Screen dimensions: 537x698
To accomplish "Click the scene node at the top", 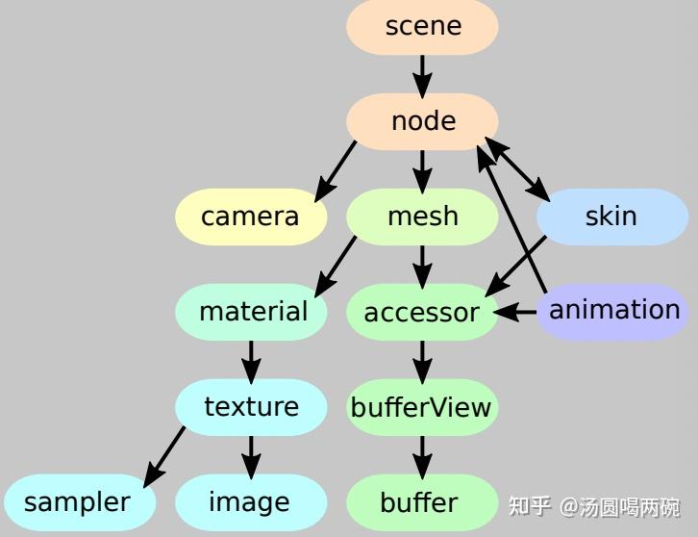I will click(422, 26).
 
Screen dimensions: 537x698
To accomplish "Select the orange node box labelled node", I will click(422, 121).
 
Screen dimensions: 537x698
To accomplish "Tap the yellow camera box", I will click(250, 217).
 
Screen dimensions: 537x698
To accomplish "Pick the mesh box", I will click(422, 217).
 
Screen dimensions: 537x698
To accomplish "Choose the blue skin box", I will click(611, 217).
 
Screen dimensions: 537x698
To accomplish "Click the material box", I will click(252, 312).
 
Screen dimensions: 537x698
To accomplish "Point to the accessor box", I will click(422, 312).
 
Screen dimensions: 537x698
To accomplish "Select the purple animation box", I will click(613, 311).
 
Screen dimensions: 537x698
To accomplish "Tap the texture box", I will click(251, 407).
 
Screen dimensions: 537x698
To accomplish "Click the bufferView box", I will click(421, 407).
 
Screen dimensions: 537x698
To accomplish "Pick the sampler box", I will click(77, 502).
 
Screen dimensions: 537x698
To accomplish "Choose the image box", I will click(250, 502).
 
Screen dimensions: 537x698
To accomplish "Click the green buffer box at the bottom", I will click(419, 502).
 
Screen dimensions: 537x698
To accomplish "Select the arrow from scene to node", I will click(422, 73).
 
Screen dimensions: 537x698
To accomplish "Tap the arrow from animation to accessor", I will click(516, 312).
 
